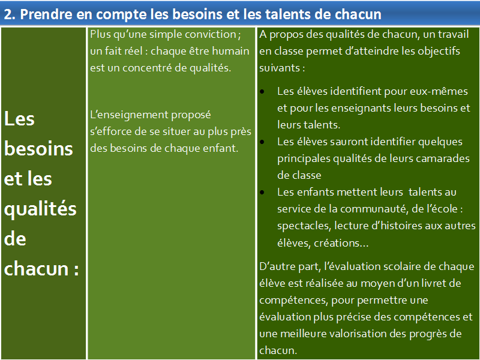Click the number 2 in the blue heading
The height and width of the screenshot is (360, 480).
[8, 14]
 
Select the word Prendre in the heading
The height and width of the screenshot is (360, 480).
[46, 14]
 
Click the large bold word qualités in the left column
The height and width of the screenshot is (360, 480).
[40, 209]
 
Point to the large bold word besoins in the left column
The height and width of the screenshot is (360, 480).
[38, 149]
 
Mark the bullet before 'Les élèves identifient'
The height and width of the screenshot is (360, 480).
[262, 92]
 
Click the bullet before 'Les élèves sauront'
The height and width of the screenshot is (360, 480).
[262, 142]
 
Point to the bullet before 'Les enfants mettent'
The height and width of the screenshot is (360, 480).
[262, 193]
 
